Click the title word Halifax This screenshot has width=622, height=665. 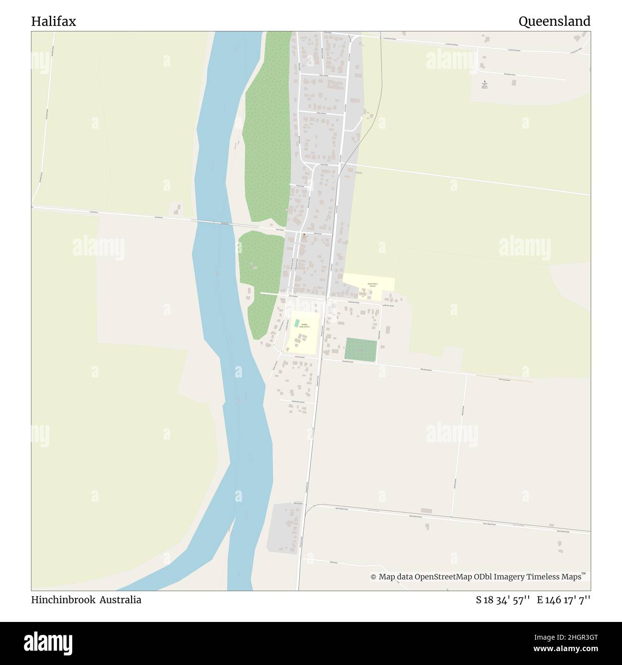[54, 22]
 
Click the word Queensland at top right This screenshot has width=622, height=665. [554, 22]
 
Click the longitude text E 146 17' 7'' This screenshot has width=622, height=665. [563, 600]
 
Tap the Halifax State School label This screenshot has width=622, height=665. [304, 326]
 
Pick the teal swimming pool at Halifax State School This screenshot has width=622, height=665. [297, 323]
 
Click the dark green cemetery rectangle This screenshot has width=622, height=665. [360, 350]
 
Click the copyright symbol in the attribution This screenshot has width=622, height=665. [373, 577]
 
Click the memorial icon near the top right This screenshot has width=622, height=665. [484, 82]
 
